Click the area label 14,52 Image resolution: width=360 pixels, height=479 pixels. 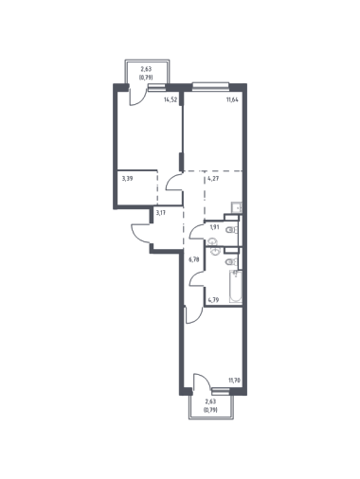(171, 99)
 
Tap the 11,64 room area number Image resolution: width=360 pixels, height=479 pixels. (232, 99)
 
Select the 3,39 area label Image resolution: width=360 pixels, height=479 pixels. (127, 178)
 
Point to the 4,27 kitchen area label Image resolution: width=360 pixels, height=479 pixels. (213, 178)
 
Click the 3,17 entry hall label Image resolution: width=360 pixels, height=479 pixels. (161, 212)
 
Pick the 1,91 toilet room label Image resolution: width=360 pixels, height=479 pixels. (215, 227)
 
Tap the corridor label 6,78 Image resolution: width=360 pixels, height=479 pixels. (194, 259)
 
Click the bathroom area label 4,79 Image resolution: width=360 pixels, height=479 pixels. (213, 299)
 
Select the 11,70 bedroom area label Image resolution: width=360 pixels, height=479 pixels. (235, 381)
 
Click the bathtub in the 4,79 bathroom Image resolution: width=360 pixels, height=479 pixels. (236, 287)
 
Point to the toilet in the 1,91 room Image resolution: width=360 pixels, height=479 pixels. (232, 230)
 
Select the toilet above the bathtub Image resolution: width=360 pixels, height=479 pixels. (232, 261)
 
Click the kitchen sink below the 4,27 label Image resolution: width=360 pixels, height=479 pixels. (236, 207)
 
